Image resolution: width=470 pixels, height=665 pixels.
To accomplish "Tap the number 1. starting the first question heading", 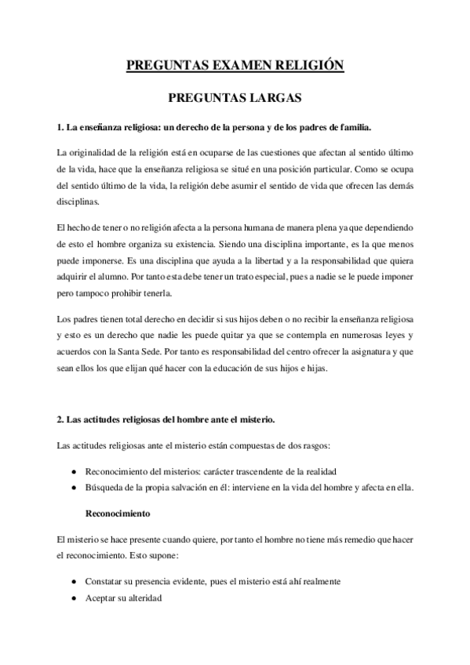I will [61, 127].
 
